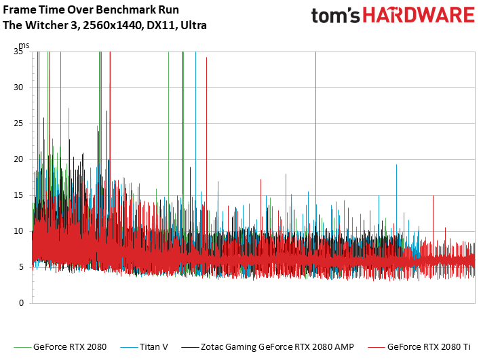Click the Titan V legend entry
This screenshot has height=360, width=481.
point(154,347)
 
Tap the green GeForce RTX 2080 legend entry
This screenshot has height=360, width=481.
point(69,347)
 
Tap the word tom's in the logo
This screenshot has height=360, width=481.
point(334,17)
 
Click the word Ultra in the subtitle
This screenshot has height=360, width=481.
point(193,25)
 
